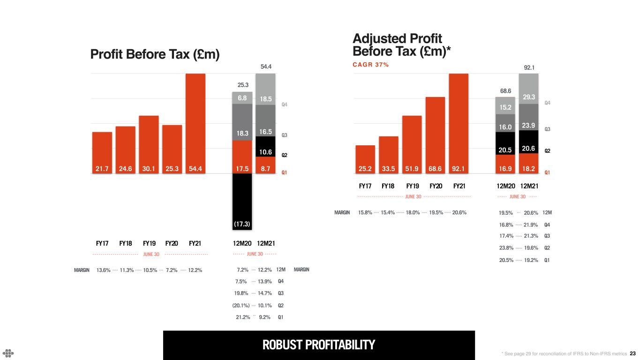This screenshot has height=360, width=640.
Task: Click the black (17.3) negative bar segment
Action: tap(242, 202)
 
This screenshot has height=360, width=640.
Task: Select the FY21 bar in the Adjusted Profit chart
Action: tap(458, 122)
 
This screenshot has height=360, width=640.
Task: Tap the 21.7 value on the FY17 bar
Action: tap(102, 167)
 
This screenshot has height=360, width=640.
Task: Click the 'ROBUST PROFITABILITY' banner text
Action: tap(319, 345)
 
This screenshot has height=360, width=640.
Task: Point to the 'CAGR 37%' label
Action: tap(370, 65)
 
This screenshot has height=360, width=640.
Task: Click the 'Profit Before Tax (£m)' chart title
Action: tap(155, 54)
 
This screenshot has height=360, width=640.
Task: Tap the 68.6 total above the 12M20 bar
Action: tap(505, 90)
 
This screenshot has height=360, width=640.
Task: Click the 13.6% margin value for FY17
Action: tap(103, 270)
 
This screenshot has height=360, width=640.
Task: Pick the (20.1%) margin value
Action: tap(241, 305)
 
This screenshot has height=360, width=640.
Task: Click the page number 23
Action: tap(632, 353)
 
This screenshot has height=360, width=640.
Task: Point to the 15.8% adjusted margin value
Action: tap(365, 213)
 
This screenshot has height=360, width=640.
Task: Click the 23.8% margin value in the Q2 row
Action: tap(506, 248)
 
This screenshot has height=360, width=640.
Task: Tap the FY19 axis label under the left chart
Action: tap(149, 243)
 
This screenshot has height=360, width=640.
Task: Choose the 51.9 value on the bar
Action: tap(412, 167)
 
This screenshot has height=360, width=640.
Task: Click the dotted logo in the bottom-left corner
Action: tap(8, 353)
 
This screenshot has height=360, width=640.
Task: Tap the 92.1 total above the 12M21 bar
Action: tap(529, 67)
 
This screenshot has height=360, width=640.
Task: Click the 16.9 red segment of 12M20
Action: tap(505, 167)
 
